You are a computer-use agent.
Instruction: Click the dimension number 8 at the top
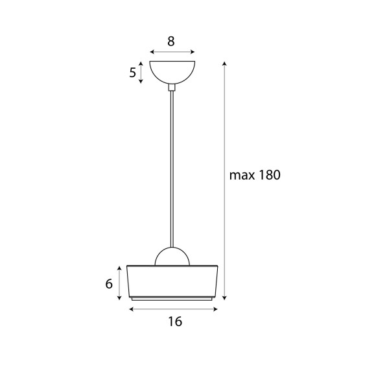171,41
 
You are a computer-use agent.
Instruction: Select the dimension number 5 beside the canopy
133,73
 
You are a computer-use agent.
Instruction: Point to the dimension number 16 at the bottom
174,322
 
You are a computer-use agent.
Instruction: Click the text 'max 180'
255,175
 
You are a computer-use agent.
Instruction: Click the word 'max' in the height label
242,176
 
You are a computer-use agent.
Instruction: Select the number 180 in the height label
269,175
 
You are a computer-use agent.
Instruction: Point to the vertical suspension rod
172,169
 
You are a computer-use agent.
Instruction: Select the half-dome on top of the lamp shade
172,257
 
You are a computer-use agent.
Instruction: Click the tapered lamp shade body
173,280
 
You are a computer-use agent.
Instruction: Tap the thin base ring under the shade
173,298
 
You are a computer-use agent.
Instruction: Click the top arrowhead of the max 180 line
224,64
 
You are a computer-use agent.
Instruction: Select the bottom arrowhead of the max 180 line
224,298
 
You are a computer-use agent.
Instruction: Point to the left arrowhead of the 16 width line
132,309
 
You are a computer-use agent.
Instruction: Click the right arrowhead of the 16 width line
215,309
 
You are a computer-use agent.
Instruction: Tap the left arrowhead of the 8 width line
151,53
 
